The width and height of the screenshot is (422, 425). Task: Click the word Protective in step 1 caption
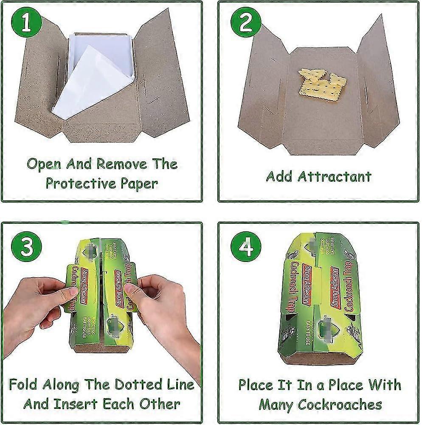click(x=80, y=183)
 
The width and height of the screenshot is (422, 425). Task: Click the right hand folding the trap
click(x=166, y=310)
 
